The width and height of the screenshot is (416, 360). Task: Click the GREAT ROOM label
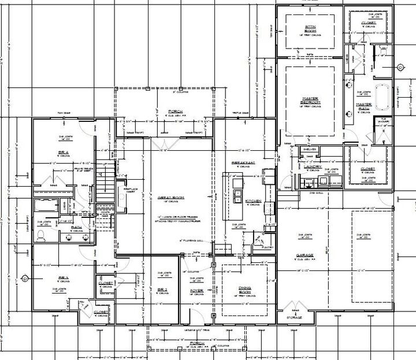(x=170, y=198)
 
